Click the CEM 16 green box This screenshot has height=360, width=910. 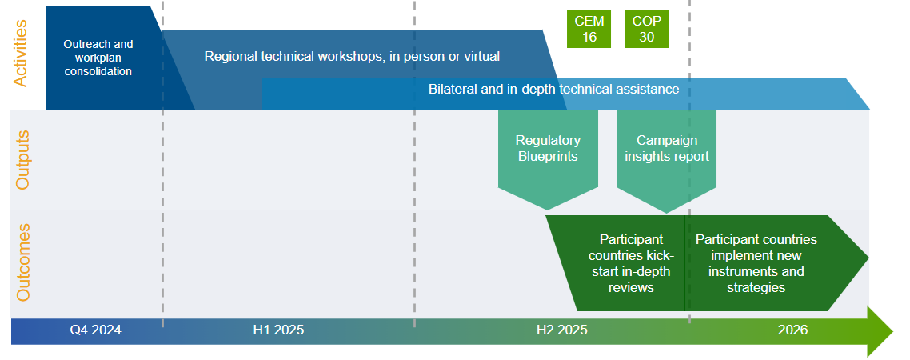point(589,29)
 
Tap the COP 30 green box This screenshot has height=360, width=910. point(646,29)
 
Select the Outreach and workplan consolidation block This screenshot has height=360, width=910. point(98,58)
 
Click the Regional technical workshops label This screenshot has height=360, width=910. point(352,56)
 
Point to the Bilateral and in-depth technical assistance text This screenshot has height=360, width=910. point(553,89)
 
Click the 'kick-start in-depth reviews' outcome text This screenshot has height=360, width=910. point(631,263)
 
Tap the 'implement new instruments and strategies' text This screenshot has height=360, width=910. point(756,263)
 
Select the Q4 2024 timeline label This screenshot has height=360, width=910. point(95,330)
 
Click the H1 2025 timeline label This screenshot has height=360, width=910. point(278,330)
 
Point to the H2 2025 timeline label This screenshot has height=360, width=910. point(562,330)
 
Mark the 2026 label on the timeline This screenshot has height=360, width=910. point(792,330)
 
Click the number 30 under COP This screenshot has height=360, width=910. point(646,37)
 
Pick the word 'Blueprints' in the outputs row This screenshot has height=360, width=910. point(548,157)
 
